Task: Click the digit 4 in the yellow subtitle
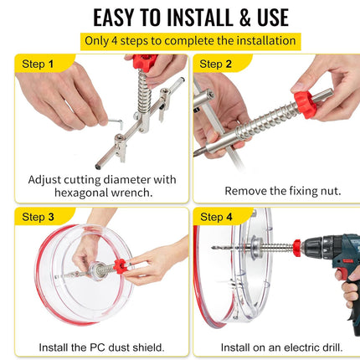pos(115,41)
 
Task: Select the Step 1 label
pos(38,64)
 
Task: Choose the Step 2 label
pos(215,64)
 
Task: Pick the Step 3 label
pos(38,217)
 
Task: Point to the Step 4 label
pos(216,217)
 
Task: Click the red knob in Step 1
pos(144,61)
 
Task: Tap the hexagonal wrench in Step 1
pos(116,123)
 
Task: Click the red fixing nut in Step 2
pos(305,104)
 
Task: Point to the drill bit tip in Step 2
pos(195,153)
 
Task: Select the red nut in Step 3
pos(121,266)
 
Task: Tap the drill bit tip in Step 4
pos(213,247)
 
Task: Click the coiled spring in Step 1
pos(144,90)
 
